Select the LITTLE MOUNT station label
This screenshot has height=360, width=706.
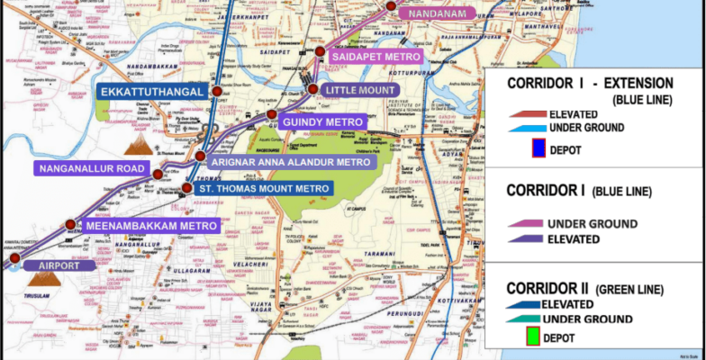[360, 91]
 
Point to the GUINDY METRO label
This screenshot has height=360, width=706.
[322, 121]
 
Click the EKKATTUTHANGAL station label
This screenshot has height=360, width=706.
[149, 92]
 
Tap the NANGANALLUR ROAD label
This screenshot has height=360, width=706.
[90, 168]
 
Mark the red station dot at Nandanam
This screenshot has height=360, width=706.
[391, 7]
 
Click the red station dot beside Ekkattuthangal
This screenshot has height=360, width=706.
[216, 92]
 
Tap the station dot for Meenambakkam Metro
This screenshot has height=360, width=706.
[70, 224]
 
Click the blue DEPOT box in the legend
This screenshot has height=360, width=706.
[539, 148]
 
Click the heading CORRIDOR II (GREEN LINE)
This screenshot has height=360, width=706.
[585, 289]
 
